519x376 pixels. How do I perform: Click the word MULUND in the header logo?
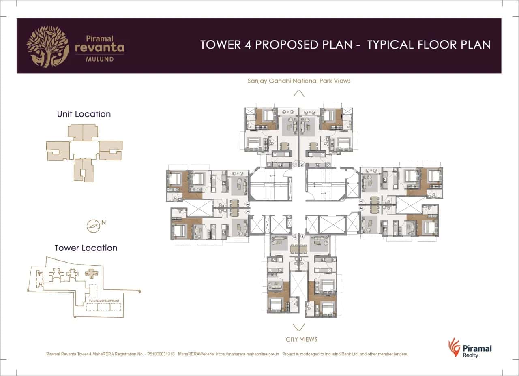point(99,59)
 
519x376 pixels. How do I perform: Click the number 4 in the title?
point(248,45)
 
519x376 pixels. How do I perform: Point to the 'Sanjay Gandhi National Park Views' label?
point(299,81)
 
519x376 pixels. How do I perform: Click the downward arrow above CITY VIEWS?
point(299,327)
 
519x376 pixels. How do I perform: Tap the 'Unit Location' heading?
point(84,114)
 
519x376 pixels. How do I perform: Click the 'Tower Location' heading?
point(86,248)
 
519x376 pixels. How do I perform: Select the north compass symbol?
point(93,226)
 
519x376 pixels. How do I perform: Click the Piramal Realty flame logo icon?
point(454,348)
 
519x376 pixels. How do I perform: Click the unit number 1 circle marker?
point(296,164)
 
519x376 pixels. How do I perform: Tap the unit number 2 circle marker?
point(302,164)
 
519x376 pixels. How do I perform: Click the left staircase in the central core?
point(270,185)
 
